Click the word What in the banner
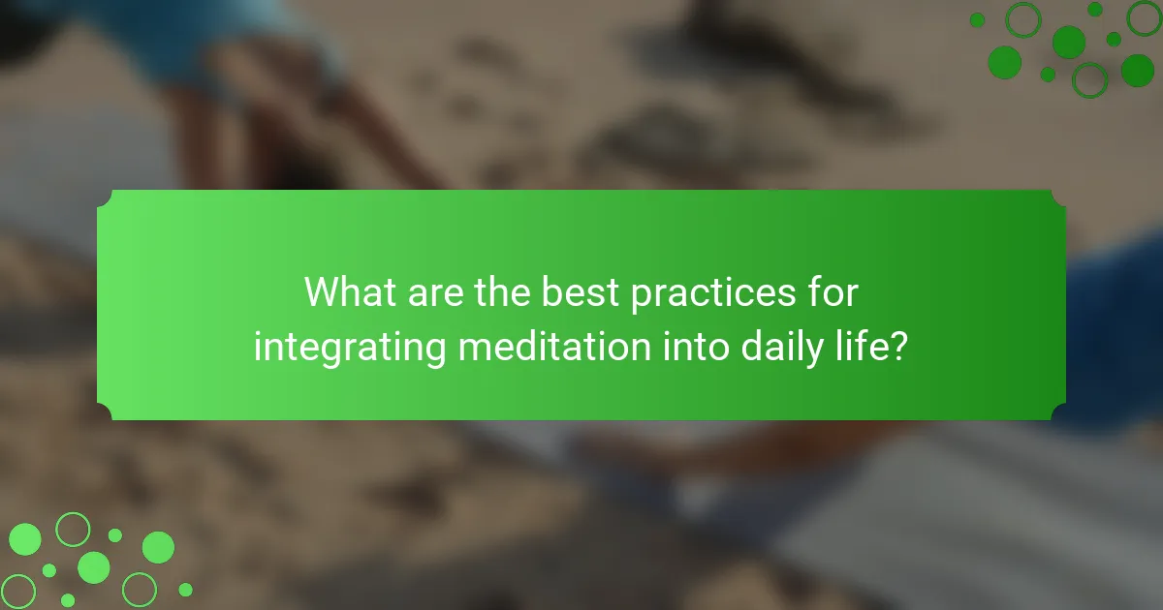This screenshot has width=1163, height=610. pyautogui.click(x=351, y=292)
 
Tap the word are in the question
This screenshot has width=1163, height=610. pyautogui.click(x=435, y=294)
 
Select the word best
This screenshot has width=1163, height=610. pyautogui.click(x=580, y=292)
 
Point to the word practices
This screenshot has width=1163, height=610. pyautogui.click(x=713, y=294)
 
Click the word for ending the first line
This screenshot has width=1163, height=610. pyautogui.click(x=833, y=292)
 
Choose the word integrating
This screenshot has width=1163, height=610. pyautogui.click(x=350, y=349)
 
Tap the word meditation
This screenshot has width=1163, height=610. pyautogui.click(x=554, y=346)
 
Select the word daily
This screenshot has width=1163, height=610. pyautogui.click(x=781, y=349)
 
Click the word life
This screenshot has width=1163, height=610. pyautogui.click(x=856, y=346)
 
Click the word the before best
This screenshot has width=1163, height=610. pyautogui.click(x=503, y=292)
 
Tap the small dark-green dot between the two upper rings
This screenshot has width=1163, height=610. pyautogui.click(x=1095, y=10)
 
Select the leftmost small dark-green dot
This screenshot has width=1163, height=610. pyautogui.click(x=977, y=20)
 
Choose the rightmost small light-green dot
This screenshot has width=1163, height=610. pyautogui.click(x=185, y=590)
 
